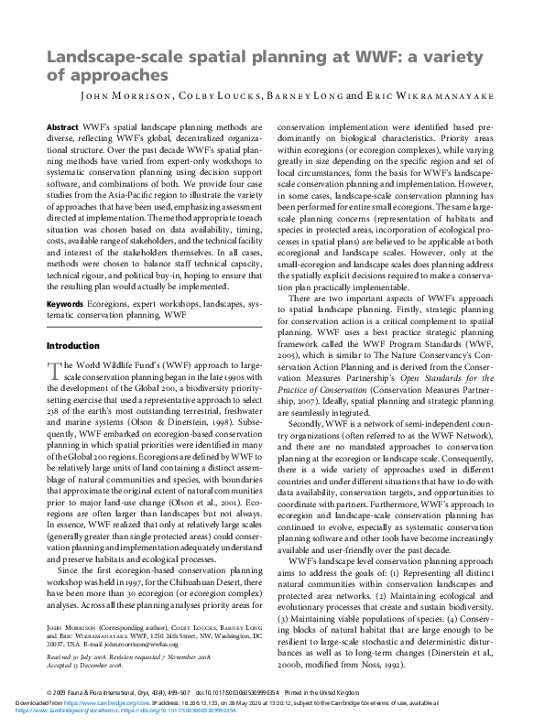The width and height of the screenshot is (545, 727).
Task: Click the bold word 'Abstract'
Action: (x=62, y=127)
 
